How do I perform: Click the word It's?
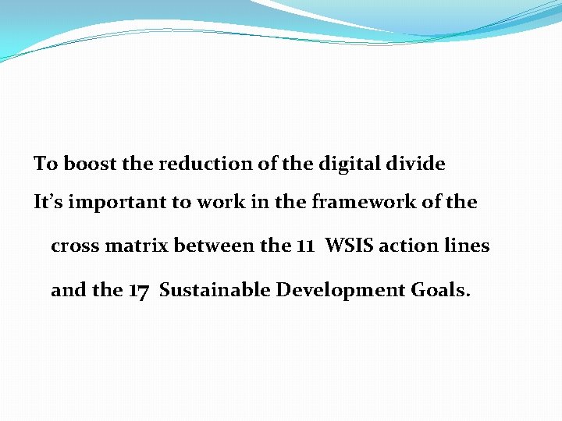[48, 203]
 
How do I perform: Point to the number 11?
[305, 246]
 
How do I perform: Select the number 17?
[138, 291]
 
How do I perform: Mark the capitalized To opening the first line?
[45, 164]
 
